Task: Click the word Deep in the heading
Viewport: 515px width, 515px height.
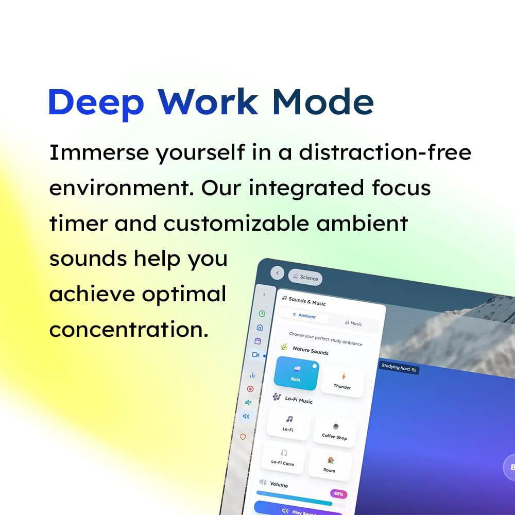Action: coord(97,103)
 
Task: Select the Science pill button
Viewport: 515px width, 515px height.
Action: coord(305,277)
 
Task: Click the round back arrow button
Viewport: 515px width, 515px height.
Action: coord(277,273)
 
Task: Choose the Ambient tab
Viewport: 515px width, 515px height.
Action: coord(304,316)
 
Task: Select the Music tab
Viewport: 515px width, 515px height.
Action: coord(353,323)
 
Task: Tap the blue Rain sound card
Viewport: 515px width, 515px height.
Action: coord(296,373)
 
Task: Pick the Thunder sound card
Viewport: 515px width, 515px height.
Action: coord(342,381)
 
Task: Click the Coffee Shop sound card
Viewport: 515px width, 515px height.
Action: coord(335,431)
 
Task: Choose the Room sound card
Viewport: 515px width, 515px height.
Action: coord(330,465)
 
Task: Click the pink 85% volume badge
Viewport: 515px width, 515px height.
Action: coord(338,494)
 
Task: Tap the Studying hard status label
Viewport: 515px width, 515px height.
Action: coord(399,368)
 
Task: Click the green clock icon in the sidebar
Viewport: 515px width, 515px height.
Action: coord(262,313)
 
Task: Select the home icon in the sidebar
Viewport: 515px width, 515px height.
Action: coord(260,327)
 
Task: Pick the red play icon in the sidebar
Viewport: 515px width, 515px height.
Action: coord(250,389)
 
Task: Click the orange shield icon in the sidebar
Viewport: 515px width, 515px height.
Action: coord(243,437)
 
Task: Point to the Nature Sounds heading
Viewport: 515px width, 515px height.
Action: coord(311,350)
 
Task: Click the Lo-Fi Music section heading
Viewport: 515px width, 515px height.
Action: coord(299,400)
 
